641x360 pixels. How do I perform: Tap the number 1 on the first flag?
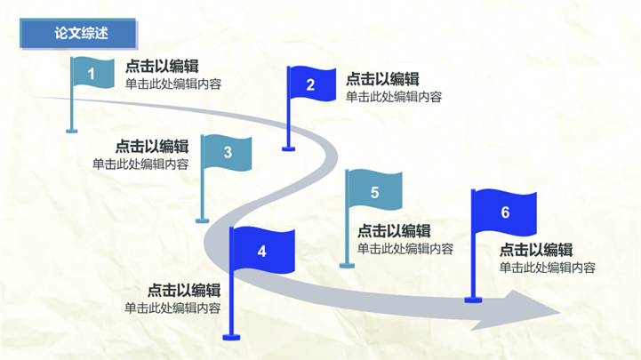(x=92, y=75)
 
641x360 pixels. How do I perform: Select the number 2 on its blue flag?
(x=310, y=85)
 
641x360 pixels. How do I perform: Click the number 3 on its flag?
(x=228, y=152)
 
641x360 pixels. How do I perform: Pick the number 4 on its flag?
(x=261, y=252)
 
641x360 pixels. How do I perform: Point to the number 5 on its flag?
(x=374, y=192)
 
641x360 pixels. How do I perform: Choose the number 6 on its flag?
(x=505, y=212)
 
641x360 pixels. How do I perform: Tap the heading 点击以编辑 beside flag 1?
(x=162, y=66)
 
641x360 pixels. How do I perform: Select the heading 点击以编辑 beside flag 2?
(x=382, y=79)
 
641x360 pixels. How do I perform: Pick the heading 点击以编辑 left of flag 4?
(x=184, y=290)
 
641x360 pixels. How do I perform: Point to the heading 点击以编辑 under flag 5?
(x=394, y=231)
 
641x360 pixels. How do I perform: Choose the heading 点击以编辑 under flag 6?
(x=535, y=250)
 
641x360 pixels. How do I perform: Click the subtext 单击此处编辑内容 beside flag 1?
(x=173, y=84)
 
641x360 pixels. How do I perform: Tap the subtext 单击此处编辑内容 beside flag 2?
(x=394, y=97)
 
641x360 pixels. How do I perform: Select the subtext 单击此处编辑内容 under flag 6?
(x=547, y=268)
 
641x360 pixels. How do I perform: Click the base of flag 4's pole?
(x=232, y=336)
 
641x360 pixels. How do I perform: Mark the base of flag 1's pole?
(x=72, y=131)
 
